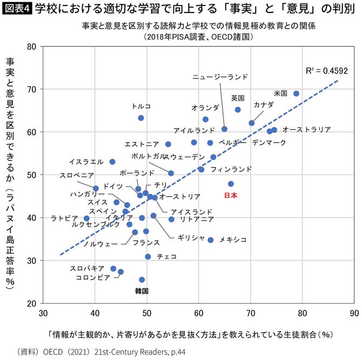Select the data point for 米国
point(296,94)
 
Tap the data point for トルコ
point(141,118)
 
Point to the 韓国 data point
point(142,279)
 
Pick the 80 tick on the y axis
point(31,46)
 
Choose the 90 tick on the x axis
point(354,312)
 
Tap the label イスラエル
point(86,162)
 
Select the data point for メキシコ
point(211,240)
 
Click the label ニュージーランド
point(220,77)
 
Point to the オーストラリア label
point(306,130)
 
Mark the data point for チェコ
point(148,256)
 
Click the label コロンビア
point(93,277)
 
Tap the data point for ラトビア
point(86,218)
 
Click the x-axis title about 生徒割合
point(189,334)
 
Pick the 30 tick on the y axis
point(31,261)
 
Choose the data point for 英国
point(238,110)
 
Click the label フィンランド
point(231,169)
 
